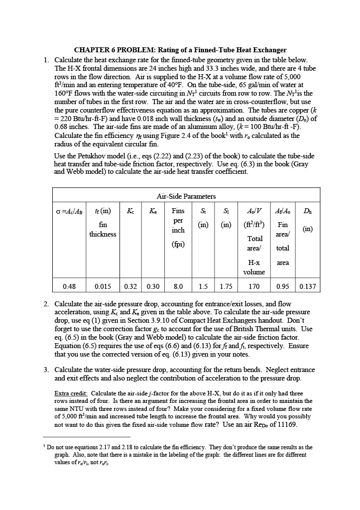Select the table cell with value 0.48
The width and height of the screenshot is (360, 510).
69,286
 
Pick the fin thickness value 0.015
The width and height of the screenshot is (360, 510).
103,286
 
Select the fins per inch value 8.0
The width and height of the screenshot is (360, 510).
178,286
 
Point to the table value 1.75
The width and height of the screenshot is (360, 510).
226,286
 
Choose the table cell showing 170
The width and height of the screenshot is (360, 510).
253,286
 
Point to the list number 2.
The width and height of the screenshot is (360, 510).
46,304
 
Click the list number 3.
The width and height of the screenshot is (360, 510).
46,370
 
